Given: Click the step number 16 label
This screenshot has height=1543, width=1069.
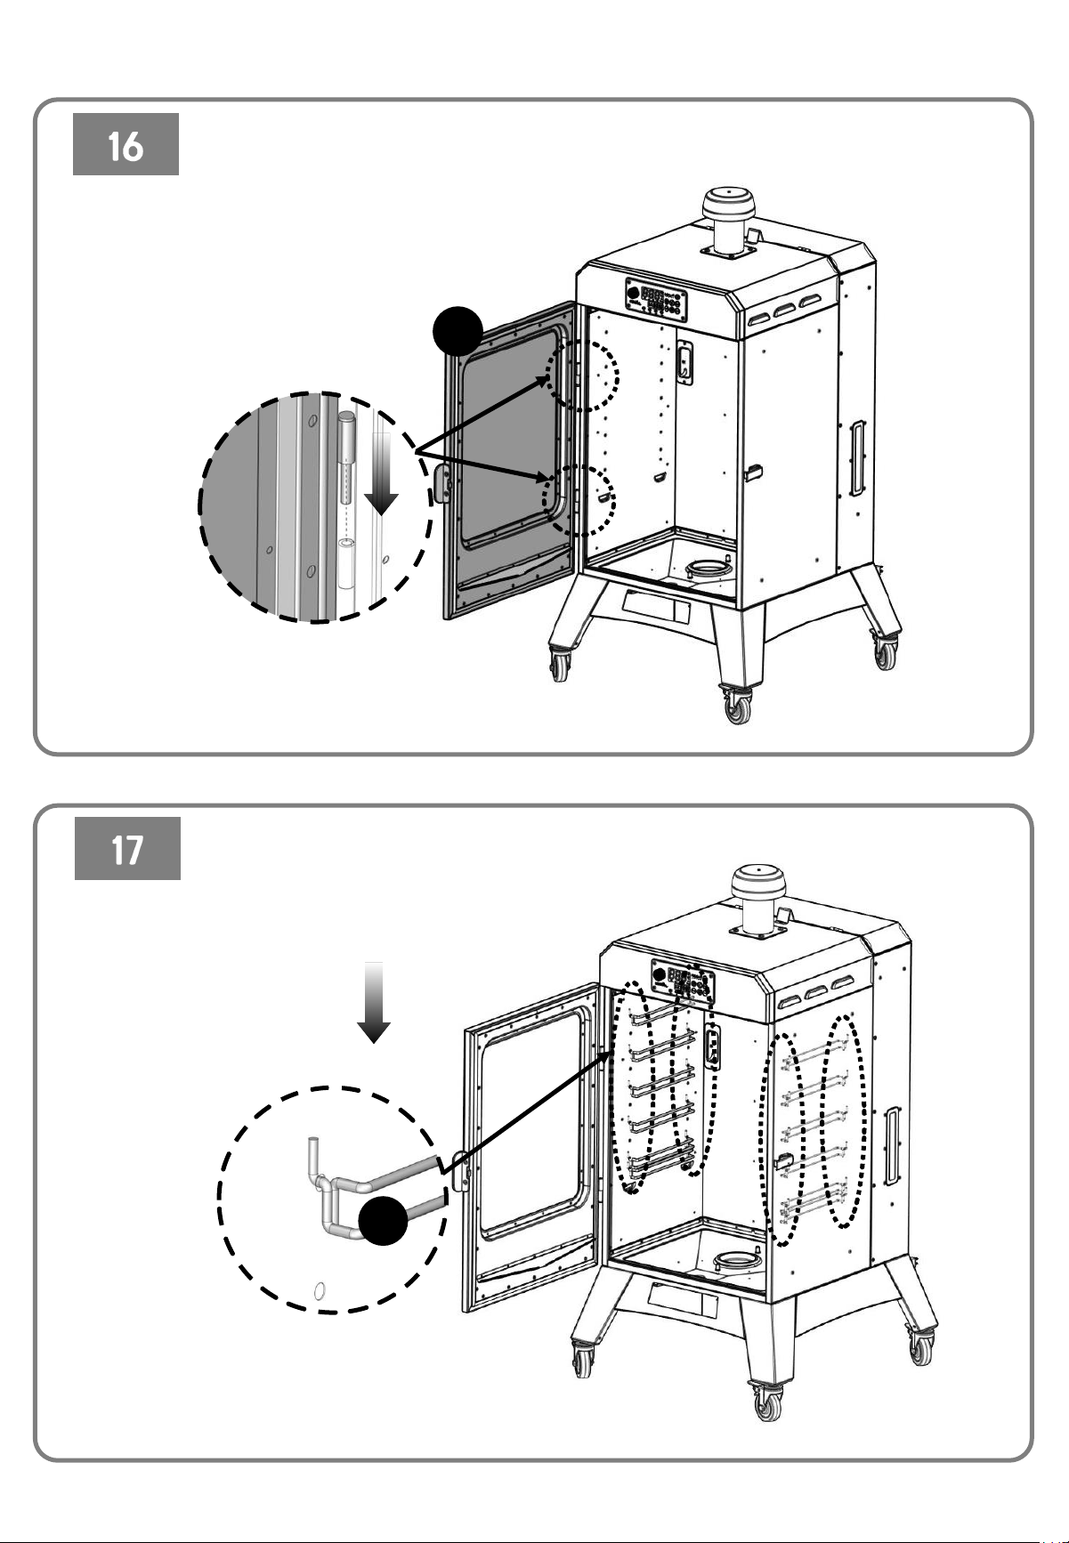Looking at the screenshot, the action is [126, 144].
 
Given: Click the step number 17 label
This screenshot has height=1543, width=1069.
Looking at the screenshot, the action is [127, 849].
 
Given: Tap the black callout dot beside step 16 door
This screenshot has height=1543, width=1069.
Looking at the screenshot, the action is [458, 332].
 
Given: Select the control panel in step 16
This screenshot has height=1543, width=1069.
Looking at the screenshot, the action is [654, 301].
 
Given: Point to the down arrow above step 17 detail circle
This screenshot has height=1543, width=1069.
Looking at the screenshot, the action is [374, 1002].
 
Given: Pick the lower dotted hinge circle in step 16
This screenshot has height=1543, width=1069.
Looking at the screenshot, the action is [579, 500].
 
